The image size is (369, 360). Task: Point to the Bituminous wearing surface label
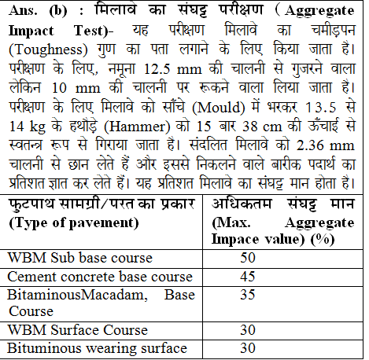97,348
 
